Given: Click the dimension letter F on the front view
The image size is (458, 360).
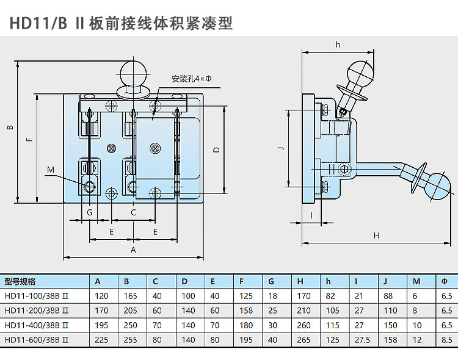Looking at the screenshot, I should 29,140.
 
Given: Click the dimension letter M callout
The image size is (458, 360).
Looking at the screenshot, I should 51,169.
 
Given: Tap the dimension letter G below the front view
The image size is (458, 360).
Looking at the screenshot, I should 90,212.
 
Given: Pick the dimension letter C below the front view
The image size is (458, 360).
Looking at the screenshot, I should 133,212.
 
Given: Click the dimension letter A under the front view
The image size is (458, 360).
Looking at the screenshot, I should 133,250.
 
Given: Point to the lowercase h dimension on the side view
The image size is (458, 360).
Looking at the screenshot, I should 337,44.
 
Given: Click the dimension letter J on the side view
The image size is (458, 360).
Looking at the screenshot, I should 279,148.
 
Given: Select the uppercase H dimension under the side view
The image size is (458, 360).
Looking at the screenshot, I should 376,236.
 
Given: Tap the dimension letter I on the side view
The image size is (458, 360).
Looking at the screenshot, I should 311,214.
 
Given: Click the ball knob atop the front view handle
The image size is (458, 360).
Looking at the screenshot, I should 134,73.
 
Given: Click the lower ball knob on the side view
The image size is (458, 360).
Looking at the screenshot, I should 436,184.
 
